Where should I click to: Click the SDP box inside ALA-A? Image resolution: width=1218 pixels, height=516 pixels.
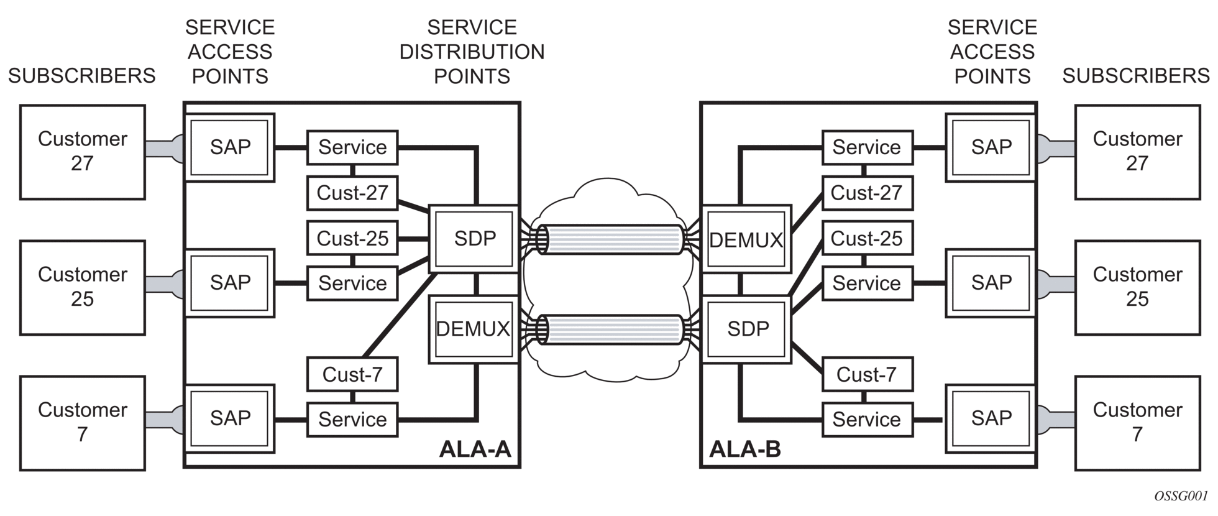click(474, 239)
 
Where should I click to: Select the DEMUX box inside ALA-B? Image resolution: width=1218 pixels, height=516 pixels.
click(746, 239)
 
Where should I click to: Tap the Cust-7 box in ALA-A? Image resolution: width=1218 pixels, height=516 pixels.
click(352, 374)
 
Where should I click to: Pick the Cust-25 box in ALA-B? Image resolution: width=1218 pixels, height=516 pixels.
click(867, 238)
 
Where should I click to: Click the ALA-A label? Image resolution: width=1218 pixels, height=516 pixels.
click(475, 449)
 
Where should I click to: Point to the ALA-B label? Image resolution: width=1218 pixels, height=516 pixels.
click(744, 449)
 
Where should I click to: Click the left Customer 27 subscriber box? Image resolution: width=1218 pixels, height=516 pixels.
click(83, 152)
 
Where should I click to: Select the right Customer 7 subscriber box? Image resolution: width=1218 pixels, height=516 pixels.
click(1137, 423)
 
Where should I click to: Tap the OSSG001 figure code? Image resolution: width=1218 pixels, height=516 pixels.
click(1181, 496)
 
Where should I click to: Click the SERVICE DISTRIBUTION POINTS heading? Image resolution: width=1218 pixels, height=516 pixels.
click(472, 52)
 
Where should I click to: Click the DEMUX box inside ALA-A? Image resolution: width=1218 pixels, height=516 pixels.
click(474, 329)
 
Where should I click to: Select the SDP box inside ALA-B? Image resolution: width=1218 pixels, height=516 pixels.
click(747, 329)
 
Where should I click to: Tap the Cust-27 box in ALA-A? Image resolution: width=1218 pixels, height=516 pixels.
click(352, 193)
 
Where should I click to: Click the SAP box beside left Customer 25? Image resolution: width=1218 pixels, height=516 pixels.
click(230, 283)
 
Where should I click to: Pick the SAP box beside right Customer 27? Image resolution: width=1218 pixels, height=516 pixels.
click(991, 147)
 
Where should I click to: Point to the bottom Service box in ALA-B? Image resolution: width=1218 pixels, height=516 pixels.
click(867, 420)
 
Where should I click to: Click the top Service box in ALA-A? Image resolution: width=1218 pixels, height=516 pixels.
click(352, 147)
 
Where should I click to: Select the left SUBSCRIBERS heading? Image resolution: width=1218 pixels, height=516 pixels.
click(81, 76)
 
